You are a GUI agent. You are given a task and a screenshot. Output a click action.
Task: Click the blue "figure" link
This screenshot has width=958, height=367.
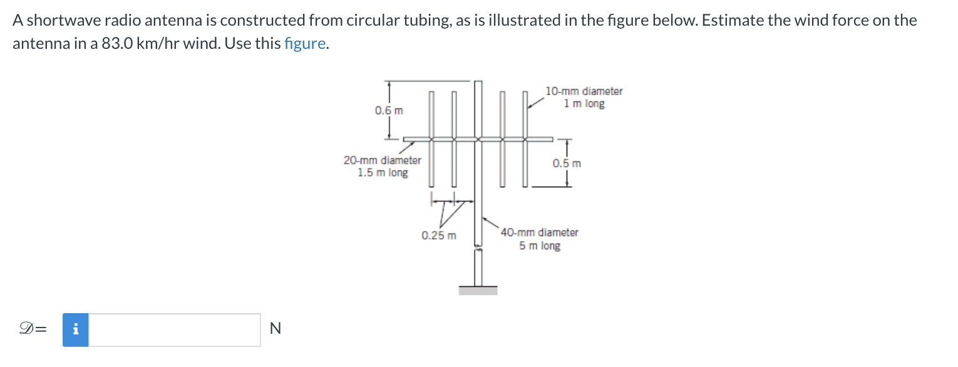pyautogui.click(x=304, y=44)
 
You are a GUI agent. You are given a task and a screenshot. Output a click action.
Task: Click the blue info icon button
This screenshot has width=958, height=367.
pyautogui.click(x=76, y=329)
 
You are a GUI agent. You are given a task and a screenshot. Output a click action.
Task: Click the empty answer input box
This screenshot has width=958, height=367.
pyautogui.click(x=174, y=329)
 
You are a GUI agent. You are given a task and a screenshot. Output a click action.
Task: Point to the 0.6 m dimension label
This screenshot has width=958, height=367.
pyautogui.click(x=389, y=111)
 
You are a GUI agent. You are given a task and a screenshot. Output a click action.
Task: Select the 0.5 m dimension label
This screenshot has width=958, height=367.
pyautogui.click(x=567, y=163)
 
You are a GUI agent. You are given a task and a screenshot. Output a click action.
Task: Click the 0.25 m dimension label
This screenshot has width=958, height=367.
pyautogui.click(x=438, y=236)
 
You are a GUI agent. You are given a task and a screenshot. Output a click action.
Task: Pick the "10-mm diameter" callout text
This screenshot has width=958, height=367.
pyautogui.click(x=584, y=91)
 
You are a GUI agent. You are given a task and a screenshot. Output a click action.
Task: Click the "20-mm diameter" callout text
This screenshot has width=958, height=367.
pyautogui.click(x=383, y=160)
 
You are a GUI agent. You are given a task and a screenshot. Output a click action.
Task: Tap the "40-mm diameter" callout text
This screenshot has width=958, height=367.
pyautogui.click(x=540, y=232)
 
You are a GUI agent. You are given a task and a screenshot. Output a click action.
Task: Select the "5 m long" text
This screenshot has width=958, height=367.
pyautogui.click(x=540, y=246)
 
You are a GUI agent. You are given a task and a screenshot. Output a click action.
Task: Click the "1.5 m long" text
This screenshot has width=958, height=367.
pyautogui.click(x=383, y=173)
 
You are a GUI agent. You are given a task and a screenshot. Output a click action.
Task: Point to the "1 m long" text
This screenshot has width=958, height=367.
pyautogui.click(x=584, y=104)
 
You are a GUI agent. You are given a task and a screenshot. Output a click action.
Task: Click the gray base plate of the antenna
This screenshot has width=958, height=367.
pyautogui.click(x=478, y=290)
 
